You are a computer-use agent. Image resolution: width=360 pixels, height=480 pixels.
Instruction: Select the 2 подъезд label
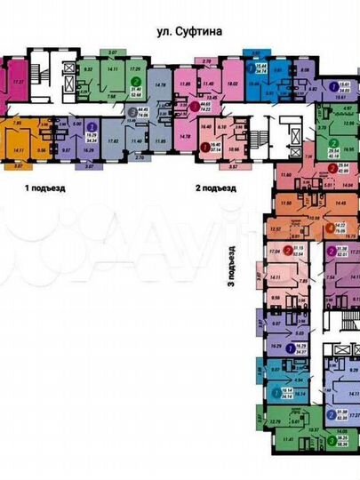pos(215,188)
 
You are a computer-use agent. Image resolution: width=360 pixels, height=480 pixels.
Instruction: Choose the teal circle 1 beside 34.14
pos(272,392)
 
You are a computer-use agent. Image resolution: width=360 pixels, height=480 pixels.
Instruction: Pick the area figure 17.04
pos(274,252)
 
